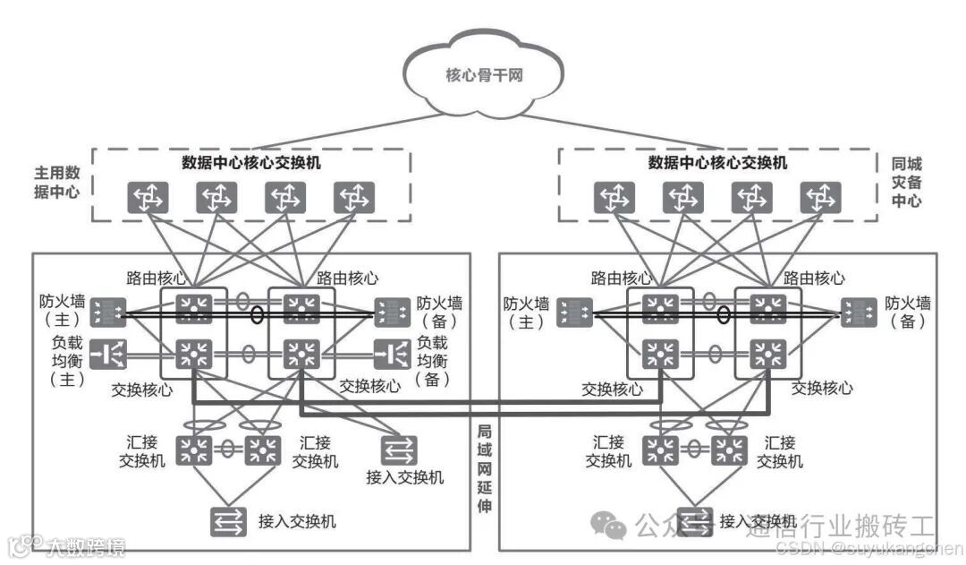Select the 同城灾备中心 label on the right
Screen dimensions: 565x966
tap(907, 182)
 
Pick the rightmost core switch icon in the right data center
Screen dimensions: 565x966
tap(815, 198)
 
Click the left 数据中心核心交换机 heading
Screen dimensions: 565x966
tap(252, 163)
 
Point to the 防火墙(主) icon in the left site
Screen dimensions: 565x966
tap(108, 311)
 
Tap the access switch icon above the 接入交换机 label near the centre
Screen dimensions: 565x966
tap(396, 447)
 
